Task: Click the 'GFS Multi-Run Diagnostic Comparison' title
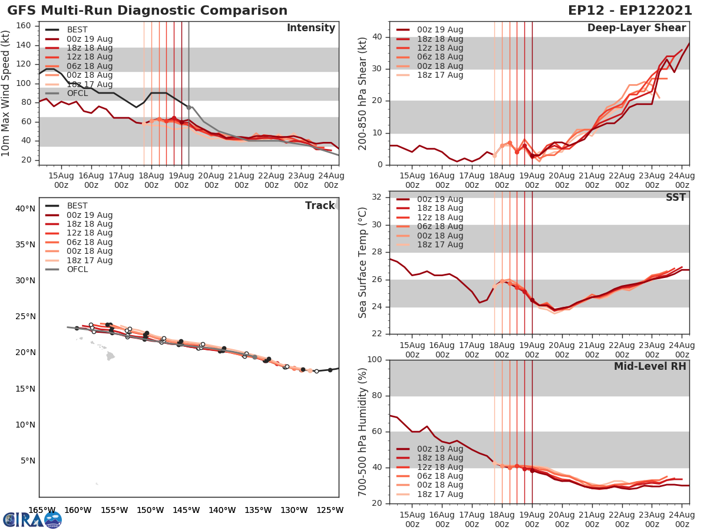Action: [147, 11]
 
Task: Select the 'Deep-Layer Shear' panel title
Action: [636, 28]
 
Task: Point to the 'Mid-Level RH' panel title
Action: [650, 366]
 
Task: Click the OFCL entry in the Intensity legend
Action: [78, 93]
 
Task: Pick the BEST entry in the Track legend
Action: [77, 206]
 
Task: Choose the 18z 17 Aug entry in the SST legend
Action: [440, 244]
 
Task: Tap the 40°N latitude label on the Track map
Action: [25, 208]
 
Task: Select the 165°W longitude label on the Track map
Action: [42, 510]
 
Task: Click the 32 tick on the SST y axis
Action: [379, 197]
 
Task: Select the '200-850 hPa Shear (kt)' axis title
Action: [363, 93]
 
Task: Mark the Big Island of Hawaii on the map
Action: [110, 356]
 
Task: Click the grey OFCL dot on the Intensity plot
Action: [189, 107]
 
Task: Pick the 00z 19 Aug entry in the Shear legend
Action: [440, 30]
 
